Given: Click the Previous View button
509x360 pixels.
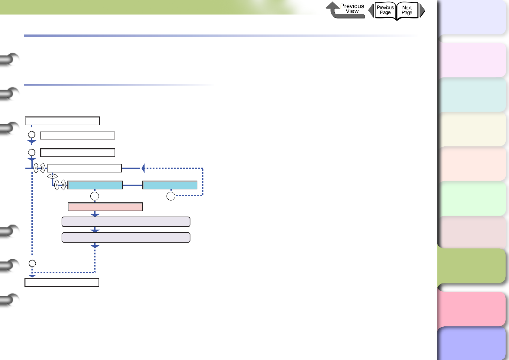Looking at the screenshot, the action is (x=345, y=10).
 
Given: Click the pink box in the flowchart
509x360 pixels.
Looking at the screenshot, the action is (x=105, y=207).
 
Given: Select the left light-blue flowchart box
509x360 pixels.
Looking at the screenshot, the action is (x=95, y=185).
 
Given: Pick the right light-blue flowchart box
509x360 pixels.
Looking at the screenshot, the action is (x=170, y=185).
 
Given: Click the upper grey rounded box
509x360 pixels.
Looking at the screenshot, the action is (x=126, y=222).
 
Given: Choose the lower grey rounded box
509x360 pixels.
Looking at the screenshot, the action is (x=126, y=237).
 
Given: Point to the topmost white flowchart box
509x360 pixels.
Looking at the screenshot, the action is (x=62, y=121).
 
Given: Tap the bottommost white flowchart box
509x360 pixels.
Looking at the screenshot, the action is (x=62, y=283).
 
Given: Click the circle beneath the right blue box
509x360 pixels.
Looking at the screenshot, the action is (x=171, y=196).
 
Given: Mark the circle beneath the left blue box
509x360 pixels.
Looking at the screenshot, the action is (x=95, y=196).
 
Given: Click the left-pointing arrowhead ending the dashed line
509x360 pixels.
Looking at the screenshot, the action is (x=143, y=168).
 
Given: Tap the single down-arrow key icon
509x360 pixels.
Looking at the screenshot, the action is (x=52, y=176).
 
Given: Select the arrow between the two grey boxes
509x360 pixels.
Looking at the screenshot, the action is (x=95, y=230).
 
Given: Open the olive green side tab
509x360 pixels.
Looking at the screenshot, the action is (x=472, y=266).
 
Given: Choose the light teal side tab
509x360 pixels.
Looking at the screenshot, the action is (x=473, y=95).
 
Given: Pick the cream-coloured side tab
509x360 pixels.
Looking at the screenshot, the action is (x=473, y=129).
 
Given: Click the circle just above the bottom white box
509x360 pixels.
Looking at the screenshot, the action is (x=32, y=263).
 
